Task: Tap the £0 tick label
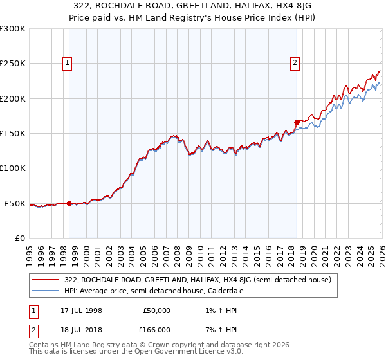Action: [19, 239]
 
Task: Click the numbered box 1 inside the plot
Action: [68, 63]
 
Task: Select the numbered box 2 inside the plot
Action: [295, 63]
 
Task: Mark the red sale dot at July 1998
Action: [69, 203]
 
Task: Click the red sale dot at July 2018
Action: [297, 122]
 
